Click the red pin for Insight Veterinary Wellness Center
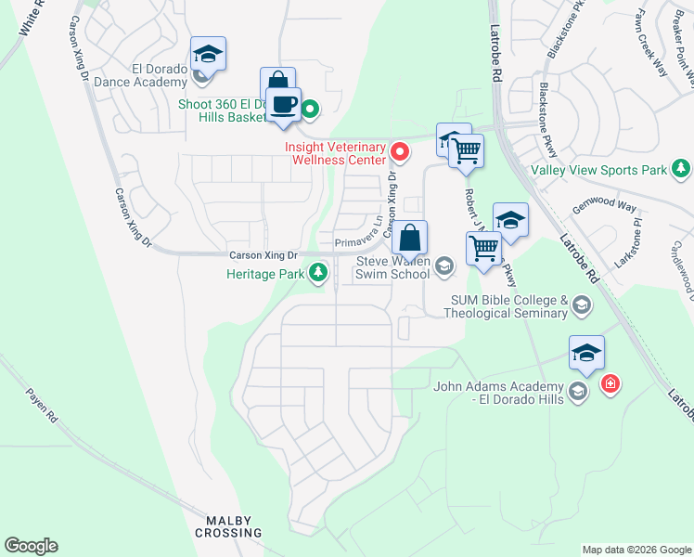point(401,150)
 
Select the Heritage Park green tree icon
point(318,273)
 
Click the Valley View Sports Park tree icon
point(681,169)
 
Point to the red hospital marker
point(610,384)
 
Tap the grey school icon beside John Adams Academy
point(579,392)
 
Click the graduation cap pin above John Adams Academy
point(586,354)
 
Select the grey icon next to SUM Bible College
point(581,305)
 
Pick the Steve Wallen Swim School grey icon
point(444,267)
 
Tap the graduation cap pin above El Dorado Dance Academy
point(209,54)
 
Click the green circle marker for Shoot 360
point(311,110)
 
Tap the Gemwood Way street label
point(604,209)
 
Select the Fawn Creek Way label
point(650,43)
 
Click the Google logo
point(31,546)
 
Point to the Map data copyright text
point(636,550)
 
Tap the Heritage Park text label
point(267,274)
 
